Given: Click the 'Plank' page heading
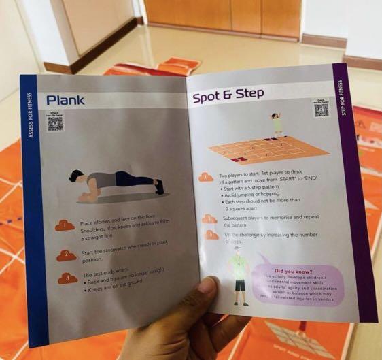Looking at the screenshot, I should click(65, 99).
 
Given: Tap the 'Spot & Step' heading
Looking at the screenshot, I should click(228, 96).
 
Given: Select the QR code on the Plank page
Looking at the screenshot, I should click(55, 122).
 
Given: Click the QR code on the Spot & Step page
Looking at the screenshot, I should click(321, 110).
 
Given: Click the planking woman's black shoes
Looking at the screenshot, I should click(159, 186).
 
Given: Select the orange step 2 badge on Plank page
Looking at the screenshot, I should click(66, 255).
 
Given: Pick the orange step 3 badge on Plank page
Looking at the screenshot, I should click(67, 278).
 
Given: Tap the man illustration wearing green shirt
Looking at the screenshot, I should click(237, 277).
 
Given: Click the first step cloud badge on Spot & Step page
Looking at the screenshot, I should click(206, 177).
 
